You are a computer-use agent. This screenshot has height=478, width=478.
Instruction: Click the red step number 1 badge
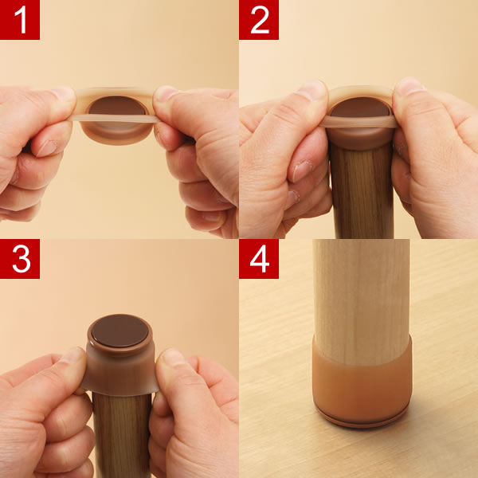coord(20,20)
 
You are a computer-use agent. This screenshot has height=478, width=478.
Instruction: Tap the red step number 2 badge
coord(259,20)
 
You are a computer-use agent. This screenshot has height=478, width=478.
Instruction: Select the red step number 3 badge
coord(20,259)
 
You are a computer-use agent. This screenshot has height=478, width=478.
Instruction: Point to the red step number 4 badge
coord(259,259)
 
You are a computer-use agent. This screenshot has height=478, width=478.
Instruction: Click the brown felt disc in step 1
coord(117,105)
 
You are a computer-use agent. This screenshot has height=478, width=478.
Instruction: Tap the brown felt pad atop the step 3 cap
coord(119,331)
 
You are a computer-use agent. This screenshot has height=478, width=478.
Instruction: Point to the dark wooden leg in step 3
coord(122,436)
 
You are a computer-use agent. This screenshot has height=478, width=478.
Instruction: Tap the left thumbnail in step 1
coord(63,94)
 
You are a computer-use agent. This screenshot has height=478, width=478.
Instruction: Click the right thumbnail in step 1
coord(165,93)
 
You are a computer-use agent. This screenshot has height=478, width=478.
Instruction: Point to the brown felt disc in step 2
coord(360,108)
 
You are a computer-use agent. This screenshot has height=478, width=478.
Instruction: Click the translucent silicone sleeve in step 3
coord(119,370)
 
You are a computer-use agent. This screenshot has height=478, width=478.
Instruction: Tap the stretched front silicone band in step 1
coord(113,118)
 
